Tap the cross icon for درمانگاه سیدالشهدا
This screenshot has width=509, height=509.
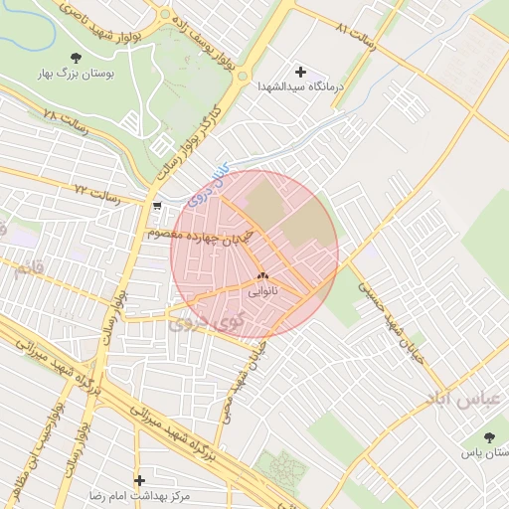[301, 72]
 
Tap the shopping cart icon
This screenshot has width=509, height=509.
[159, 206]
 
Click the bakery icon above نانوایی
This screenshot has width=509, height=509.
[263, 277]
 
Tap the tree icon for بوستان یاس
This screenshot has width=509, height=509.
[488, 436]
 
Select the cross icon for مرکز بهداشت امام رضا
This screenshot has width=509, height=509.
[139, 480]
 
